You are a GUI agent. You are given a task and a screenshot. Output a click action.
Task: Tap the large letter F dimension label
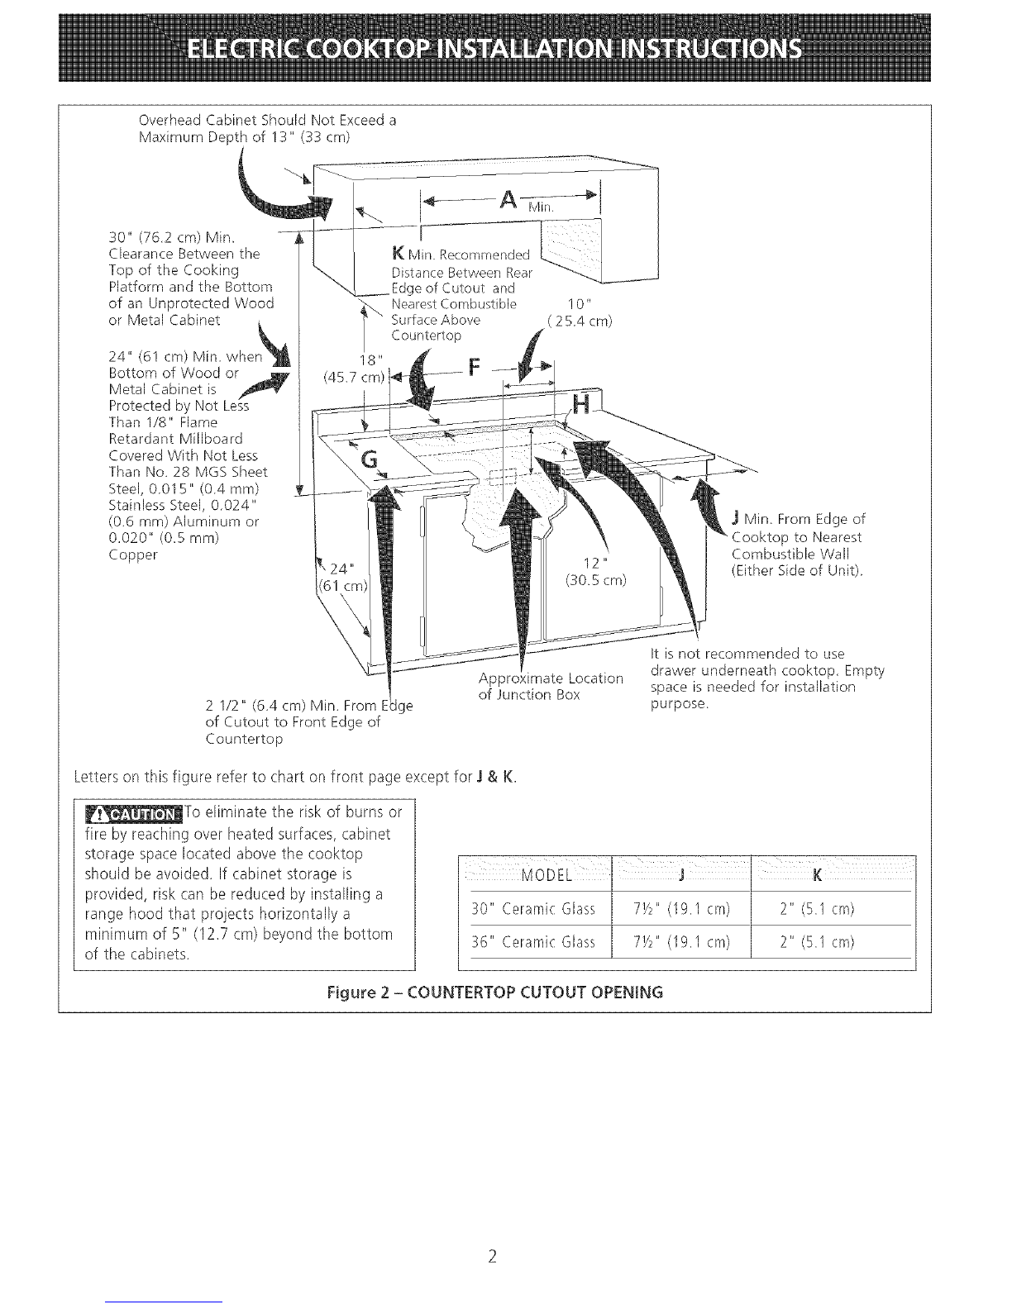[x=473, y=367]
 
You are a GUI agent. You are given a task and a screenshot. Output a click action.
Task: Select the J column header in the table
[x=679, y=876]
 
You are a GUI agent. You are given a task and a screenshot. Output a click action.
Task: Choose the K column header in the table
[x=817, y=876]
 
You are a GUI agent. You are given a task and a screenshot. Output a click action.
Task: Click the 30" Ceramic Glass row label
[x=533, y=910]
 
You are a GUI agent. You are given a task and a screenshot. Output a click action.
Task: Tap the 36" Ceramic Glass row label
[x=533, y=942]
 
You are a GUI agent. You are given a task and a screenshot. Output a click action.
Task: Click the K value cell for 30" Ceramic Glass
[x=817, y=910]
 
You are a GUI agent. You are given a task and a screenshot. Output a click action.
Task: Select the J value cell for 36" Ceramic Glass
[x=679, y=942]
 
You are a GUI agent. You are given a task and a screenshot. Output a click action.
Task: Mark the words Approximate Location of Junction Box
[x=550, y=686]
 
